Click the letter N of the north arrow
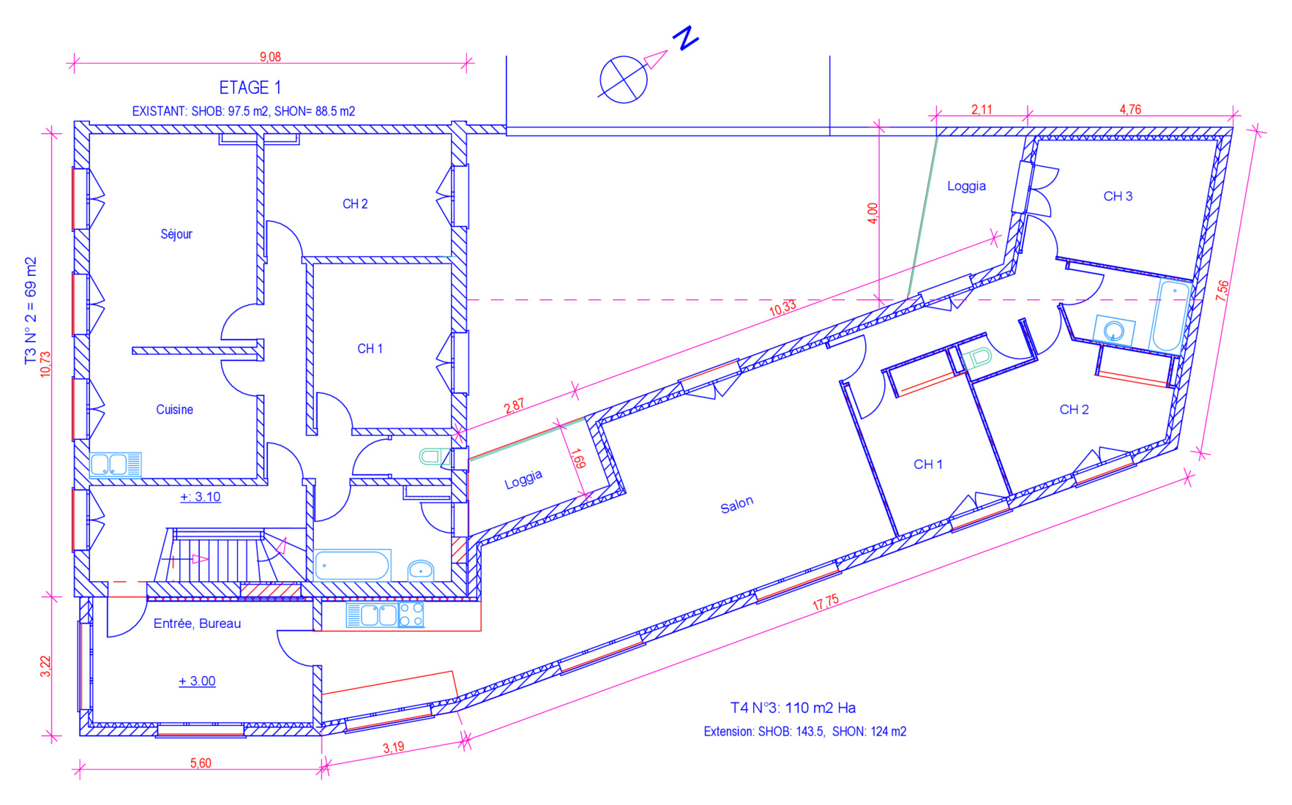(x=686, y=38)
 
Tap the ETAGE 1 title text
(x=250, y=88)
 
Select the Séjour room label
(x=176, y=234)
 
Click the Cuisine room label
(x=175, y=410)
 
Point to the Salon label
(x=736, y=505)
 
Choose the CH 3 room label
(x=1118, y=196)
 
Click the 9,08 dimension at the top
(x=270, y=57)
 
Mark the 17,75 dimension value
(x=826, y=602)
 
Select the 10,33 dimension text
(x=783, y=307)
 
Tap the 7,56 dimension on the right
(x=1222, y=291)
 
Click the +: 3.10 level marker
(x=201, y=497)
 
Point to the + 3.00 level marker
(x=197, y=681)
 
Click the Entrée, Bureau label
(x=197, y=624)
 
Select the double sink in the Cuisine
(x=115, y=465)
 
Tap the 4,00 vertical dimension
(x=872, y=213)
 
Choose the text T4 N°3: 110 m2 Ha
(x=793, y=708)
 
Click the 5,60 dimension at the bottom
(x=201, y=763)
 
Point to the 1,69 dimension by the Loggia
(x=578, y=458)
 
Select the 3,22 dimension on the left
(x=45, y=666)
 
